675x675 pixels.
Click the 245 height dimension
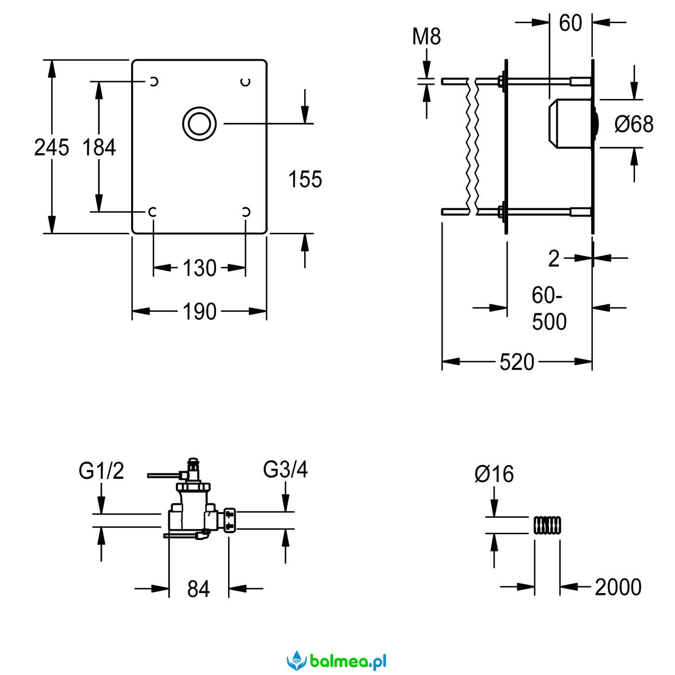click(x=51, y=147)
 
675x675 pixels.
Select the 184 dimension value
click(x=99, y=147)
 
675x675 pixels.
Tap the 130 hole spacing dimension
click(x=199, y=268)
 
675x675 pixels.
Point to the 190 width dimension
click(x=199, y=312)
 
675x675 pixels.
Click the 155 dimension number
click(x=305, y=179)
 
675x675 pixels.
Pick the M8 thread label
click(x=426, y=37)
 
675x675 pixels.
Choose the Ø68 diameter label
click(x=634, y=124)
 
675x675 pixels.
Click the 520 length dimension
click(x=517, y=362)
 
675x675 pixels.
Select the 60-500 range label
click(x=549, y=309)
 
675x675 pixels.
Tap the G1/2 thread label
click(x=101, y=471)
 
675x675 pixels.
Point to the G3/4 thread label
click(x=285, y=469)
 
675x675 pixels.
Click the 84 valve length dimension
click(x=199, y=589)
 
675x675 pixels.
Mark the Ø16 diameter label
click(x=494, y=474)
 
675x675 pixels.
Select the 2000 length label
click(x=618, y=587)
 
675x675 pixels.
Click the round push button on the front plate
click(x=199, y=124)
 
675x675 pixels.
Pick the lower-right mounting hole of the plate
click(x=245, y=212)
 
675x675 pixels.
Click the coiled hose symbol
click(x=547, y=525)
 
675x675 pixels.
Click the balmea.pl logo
click(x=337, y=661)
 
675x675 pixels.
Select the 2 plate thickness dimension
click(x=554, y=259)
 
